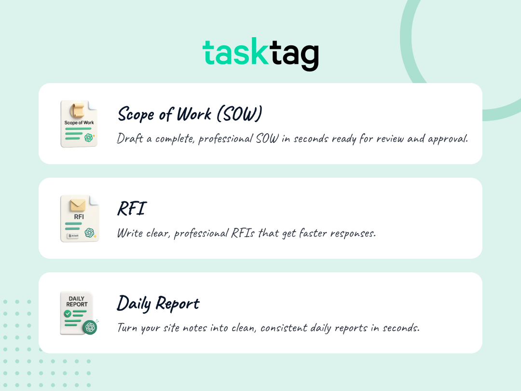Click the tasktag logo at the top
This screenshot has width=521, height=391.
click(x=260, y=54)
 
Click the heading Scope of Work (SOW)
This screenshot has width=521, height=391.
click(x=190, y=114)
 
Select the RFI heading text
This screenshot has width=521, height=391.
click(x=131, y=209)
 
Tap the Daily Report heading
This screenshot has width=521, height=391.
click(x=158, y=304)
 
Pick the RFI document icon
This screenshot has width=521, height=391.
click(x=79, y=219)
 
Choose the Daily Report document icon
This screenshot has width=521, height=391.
click(x=78, y=313)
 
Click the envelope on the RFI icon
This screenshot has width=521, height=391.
click(x=78, y=205)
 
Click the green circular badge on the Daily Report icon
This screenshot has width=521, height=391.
click(x=89, y=327)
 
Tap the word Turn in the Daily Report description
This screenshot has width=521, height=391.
click(x=127, y=328)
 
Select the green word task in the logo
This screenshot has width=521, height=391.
click(x=235, y=53)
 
